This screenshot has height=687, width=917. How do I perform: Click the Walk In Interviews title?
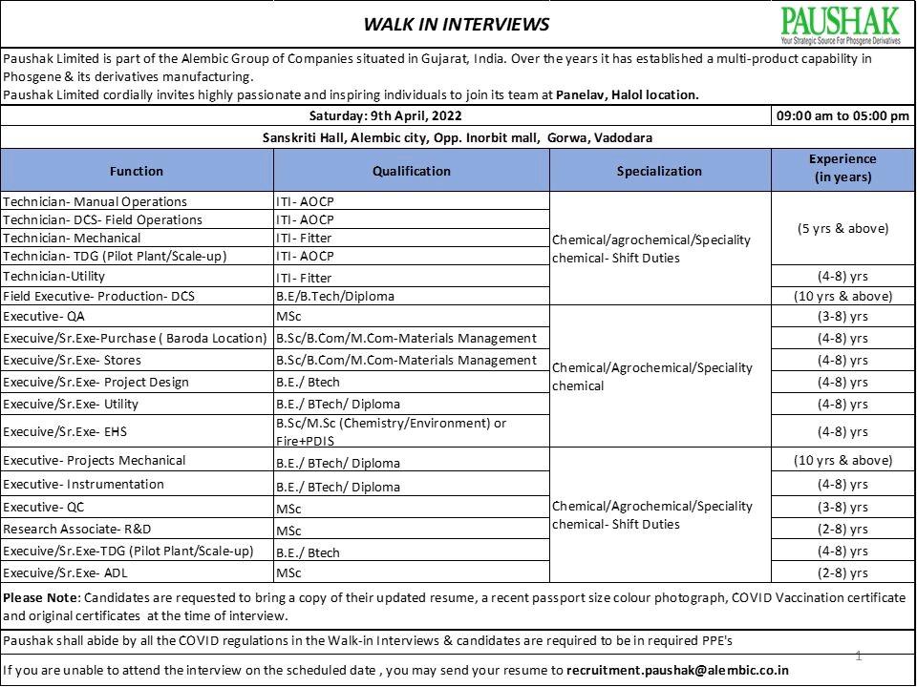click(x=457, y=24)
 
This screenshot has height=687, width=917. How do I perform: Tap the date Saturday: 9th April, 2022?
click(x=386, y=116)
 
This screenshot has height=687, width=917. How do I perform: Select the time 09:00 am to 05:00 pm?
click(x=842, y=116)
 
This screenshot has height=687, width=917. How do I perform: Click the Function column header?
click(x=137, y=171)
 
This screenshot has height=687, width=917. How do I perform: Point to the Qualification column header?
click(x=411, y=171)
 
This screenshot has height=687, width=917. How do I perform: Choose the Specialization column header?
click(x=659, y=171)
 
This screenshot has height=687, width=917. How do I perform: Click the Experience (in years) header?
click(x=842, y=169)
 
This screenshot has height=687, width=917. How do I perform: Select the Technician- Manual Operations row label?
click(x=96, y=201)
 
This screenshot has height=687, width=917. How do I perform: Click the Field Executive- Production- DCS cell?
click(x=98, y=296)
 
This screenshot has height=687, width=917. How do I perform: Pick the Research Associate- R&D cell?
click(x=77, y=529)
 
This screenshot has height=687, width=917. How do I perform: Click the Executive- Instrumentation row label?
click(x=83, y=484)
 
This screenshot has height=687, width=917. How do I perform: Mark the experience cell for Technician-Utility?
click(x=842, y=276)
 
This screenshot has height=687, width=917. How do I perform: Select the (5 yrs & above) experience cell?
click(x=842, y=228)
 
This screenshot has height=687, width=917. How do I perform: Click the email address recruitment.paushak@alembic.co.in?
click(x=677, y=670)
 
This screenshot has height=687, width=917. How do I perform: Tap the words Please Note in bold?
click(x=42, y=597)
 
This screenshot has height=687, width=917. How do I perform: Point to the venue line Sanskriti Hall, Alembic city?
click(x=457, y=137)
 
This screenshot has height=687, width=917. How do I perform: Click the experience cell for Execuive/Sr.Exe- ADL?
click(x=842, y=572)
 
